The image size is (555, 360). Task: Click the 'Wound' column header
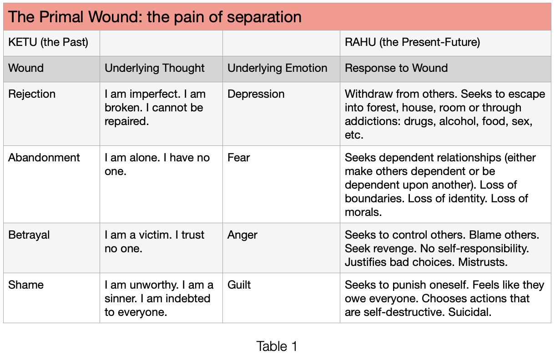click(x=26, y=68)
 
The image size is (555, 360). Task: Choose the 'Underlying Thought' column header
click(x=154, y=68)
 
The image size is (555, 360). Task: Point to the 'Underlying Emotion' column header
click(x=277, y=68)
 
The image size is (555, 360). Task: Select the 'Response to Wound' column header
click(x=396, y=68)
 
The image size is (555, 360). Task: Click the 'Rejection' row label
click(x=32, y=94)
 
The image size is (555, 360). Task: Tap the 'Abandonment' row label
click(x=44, y=158)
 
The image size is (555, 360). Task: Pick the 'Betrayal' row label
click(x=29, y=235)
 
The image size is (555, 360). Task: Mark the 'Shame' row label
click(x=26, y=285)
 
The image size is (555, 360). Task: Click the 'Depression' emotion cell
click(x=256, y=95)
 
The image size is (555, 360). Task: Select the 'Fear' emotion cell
click(x=238, y=158)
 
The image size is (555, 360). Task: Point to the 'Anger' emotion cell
click(x=242, y=235)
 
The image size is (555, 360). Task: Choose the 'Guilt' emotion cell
click(x=239, y=285)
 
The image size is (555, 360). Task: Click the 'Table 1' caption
click(x=277, y=346)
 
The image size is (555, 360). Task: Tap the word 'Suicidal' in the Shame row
click(x=469, y=312)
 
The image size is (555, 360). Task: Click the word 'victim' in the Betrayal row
click(x=155, y=235)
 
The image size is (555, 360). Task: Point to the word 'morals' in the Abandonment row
click(x=363, y=212)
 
